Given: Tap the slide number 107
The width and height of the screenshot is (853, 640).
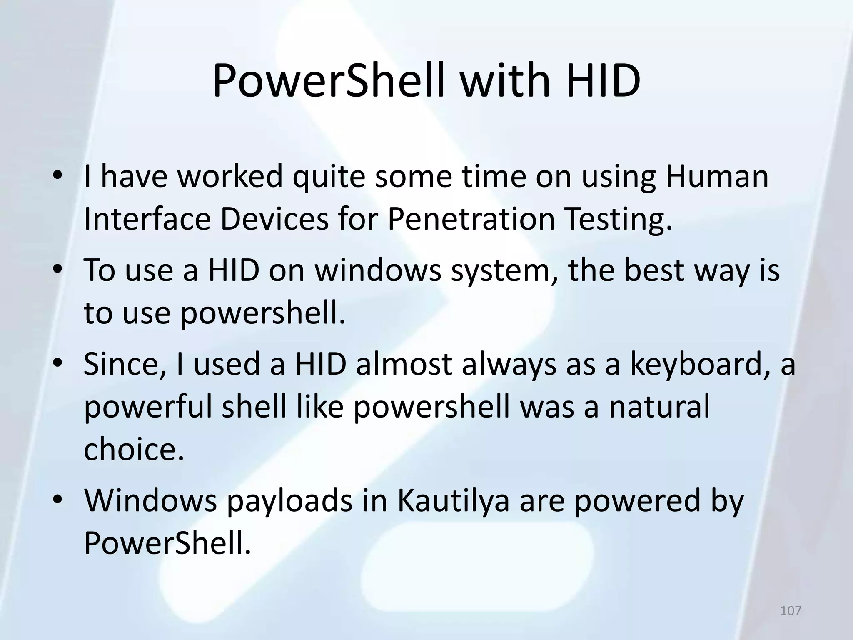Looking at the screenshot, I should (791, 610).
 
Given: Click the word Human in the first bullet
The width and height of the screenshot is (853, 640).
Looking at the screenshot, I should (716, 176).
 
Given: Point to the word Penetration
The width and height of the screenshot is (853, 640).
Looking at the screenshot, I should (471, 220).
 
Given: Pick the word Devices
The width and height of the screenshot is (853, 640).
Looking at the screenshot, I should (274, 220).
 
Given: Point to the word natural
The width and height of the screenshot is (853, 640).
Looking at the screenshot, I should (659, 407).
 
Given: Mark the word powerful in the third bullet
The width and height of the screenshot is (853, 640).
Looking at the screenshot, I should (148, 407).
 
